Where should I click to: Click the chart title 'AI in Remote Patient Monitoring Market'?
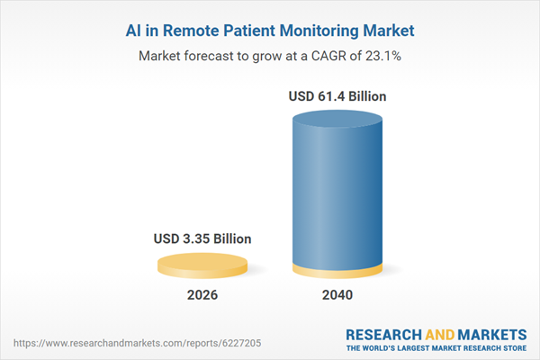(269, 31)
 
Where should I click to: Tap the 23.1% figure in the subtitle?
(382, 56)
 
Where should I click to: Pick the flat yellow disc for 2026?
(202, 265)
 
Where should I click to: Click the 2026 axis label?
(202, 295)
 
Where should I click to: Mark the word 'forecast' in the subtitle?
(217, 56)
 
